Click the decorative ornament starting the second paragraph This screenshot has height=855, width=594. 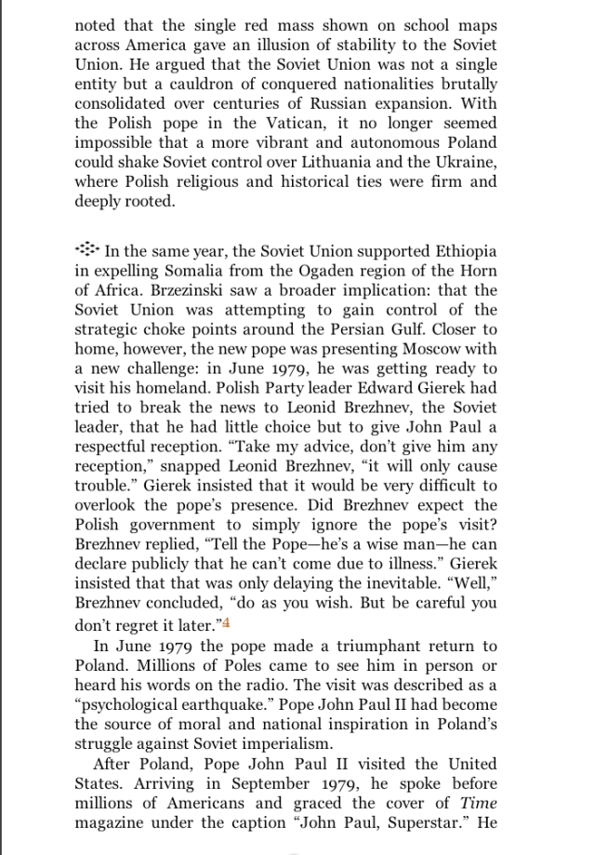86,249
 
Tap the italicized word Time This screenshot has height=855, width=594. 482,802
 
